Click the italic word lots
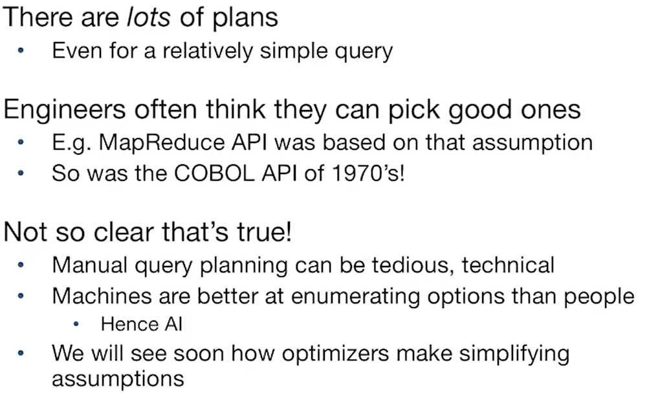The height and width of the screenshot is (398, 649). (x=148, y=17)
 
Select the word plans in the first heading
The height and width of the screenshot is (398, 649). (x=245, y=19)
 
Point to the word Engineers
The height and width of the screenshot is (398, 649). (x=65, y=111)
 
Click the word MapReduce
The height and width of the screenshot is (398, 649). (x=161, y=143)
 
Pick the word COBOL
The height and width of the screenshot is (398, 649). (x=214, y=173)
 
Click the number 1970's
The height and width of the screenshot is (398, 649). (x=368, y=173)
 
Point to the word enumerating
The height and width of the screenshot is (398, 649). (x=355, y=297)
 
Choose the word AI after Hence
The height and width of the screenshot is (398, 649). (x=173, y=324)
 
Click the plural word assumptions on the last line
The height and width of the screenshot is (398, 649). (x=118, y=379)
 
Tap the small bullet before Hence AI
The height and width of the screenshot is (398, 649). (x=76, y=324)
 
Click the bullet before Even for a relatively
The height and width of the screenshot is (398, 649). (x=21, y=51)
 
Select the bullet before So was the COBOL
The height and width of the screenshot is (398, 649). (x=21, y=173)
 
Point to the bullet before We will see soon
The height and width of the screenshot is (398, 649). (x=21, y=353)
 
